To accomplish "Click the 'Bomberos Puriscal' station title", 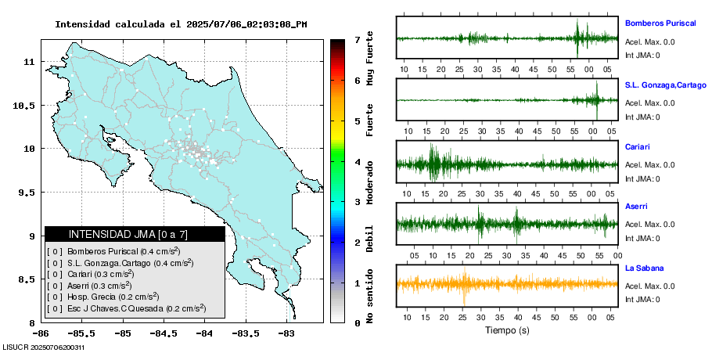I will pyautogui.click(x=660, y=23).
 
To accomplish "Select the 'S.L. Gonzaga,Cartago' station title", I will pyautogui.click(x=666, y=85).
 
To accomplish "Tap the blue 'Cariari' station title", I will pyautogui.click(x=638, y=146).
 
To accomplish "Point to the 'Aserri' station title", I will pyautogui.click(x=637, y=207).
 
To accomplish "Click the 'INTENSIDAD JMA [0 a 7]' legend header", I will pyautogui.click(x=128, y=234).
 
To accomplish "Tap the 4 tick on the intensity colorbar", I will pyautogui.click(x=357, y=162).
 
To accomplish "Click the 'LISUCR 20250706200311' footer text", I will pyautogui.click(x=43, y=347).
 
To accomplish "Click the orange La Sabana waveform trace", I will pyautogui.click(x=507, y=283).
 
